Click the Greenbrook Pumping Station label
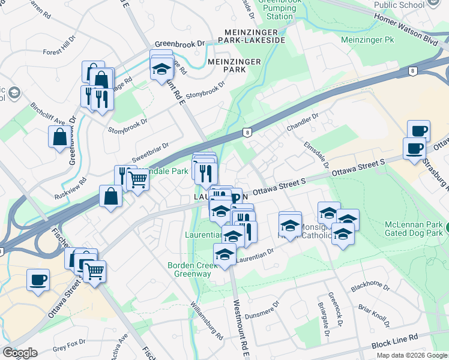click(x=279, y=9)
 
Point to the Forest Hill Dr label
click(x=59, y=46)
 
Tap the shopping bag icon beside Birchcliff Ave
click(x=60, y=137)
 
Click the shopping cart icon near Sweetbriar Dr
click(x=139, y=178)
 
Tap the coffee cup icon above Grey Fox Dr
click(x=38, y=280)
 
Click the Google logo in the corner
click(x=19, y=352)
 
